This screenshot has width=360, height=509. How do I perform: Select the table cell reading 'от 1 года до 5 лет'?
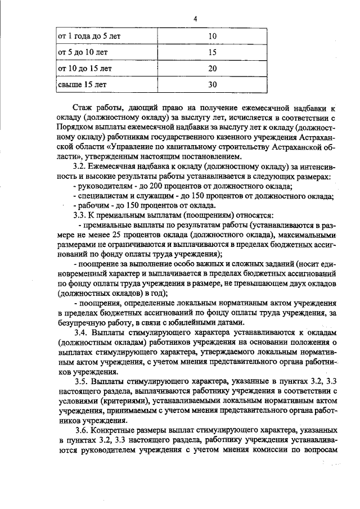[90, 37]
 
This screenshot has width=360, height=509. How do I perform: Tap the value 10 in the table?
[212, 37]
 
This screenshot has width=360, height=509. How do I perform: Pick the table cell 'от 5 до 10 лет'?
[84, 52]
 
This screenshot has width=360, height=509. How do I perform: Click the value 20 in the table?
[212, 69]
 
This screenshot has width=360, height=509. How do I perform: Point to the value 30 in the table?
[212, 85]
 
